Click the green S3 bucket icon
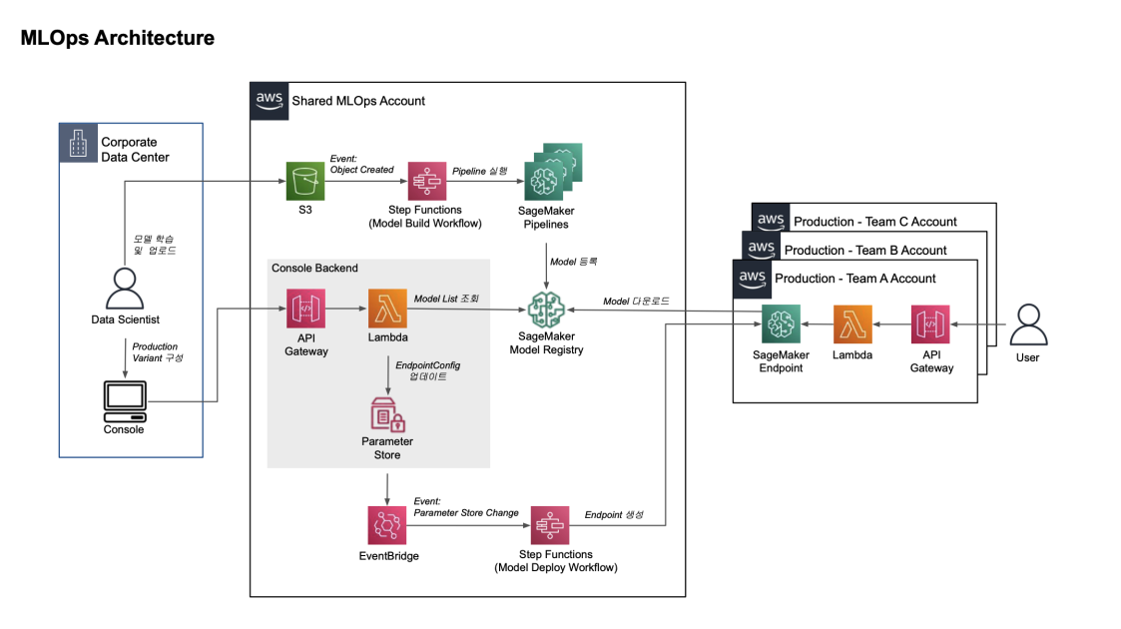coord(305,183)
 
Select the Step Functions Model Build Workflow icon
coord(428,183)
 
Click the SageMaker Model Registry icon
coord(546,311)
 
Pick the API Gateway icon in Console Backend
coord(306,310)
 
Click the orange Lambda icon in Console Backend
coord(387,310)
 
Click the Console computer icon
coord(124,402)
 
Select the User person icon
coord(1027,325)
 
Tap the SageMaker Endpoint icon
coord(782,324)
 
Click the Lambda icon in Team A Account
coord(852,324)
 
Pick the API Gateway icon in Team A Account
coord(930,324)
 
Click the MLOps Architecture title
coord(118,39)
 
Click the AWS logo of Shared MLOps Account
coord(270,101)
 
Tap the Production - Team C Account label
coord(874,222)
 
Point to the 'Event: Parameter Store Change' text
coord(466,507)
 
